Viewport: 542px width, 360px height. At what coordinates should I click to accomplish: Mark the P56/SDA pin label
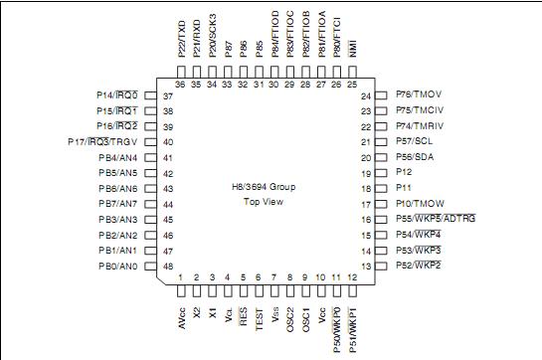point(415,158)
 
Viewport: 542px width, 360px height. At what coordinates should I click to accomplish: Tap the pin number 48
point(168,267)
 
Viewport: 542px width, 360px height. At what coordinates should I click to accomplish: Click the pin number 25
point(353,85)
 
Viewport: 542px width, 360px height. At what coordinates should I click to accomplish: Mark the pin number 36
point(180,85)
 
